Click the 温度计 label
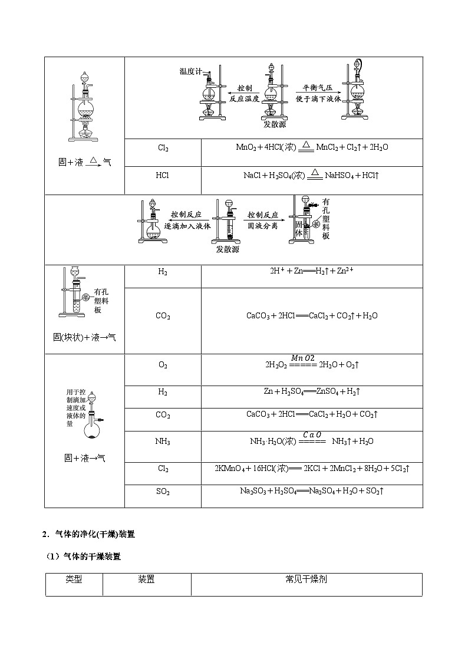click(x=190, y=71)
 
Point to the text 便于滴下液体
click(x=318, y=98)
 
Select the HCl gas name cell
click(x=163, y=175)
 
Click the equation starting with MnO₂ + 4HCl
click(x=312, y=147)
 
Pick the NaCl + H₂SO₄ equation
click(x=312, y=175)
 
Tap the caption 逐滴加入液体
click(x=186, y=226)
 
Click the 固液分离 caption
click(x=262, y=226)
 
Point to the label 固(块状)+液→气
click(x=84, y=337)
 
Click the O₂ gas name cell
click(x=163, y=365)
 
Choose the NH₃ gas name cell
click(x=163, y=441)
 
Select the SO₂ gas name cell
click(x=163, y=490)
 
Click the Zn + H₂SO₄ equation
click(x=312, y=391)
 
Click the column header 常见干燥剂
click(x=306, y=579)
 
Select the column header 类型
click(x=74, y=579)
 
